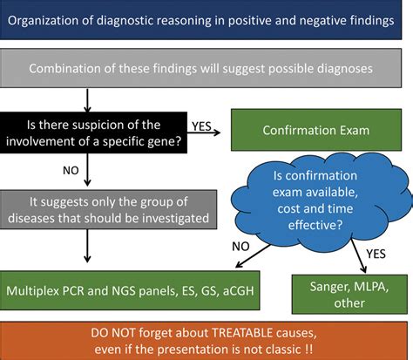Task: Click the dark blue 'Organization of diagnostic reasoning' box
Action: coord(206,21)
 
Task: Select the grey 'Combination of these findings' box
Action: coord(206,69)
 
